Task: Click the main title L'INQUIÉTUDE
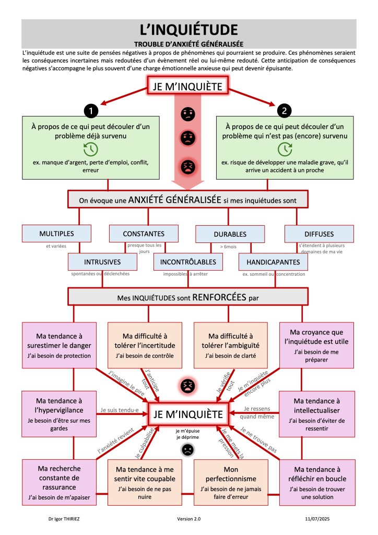point(189,29)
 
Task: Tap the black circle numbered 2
point(285,110)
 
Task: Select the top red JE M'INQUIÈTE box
point(188,87)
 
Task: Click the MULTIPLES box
point(56,234)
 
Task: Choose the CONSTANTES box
point(144,234)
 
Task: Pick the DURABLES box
point(230,234)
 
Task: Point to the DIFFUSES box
point(319,234)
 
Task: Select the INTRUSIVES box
point(102,262)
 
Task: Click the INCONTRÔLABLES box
point(188,262)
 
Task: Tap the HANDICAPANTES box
point(274,262)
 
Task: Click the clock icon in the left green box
point(91,149)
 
